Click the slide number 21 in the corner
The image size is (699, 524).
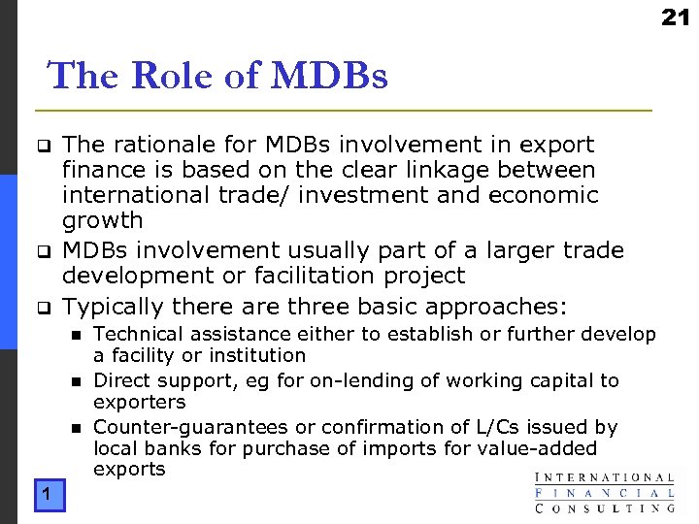(676, 16)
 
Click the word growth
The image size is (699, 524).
(102, 221)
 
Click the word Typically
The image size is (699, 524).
(113, 308)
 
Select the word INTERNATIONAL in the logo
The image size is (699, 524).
(604, 477)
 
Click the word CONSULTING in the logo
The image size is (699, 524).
(604, 507)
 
